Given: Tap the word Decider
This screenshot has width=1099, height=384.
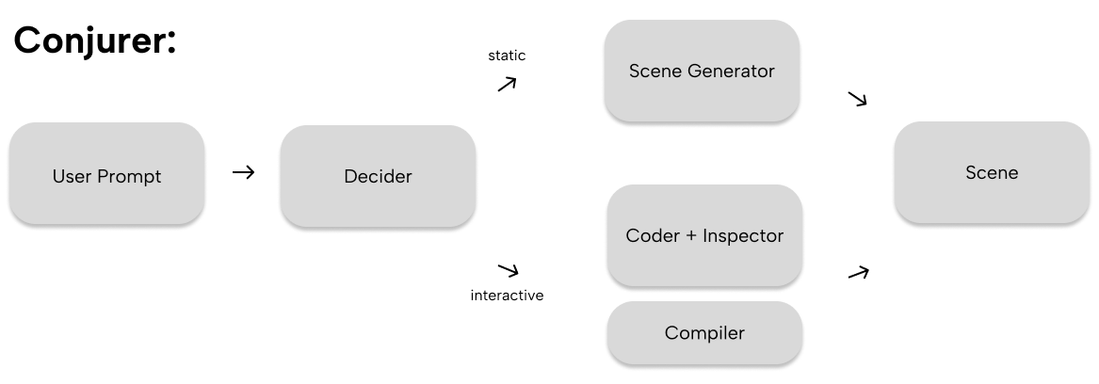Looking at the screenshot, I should click(378, 177).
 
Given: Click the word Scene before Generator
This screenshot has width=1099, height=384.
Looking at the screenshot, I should click(652, 72).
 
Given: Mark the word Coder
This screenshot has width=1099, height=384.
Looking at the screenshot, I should click(648, 236).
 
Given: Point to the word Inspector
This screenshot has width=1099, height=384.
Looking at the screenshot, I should click(742, 236).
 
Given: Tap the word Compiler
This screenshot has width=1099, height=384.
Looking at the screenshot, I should click(704, 333).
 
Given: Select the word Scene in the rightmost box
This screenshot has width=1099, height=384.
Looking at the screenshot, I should click(992, 173).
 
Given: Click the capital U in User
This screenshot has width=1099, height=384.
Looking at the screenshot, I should click(57, 177).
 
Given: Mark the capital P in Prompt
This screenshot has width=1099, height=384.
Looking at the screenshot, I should click(104, 177).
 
